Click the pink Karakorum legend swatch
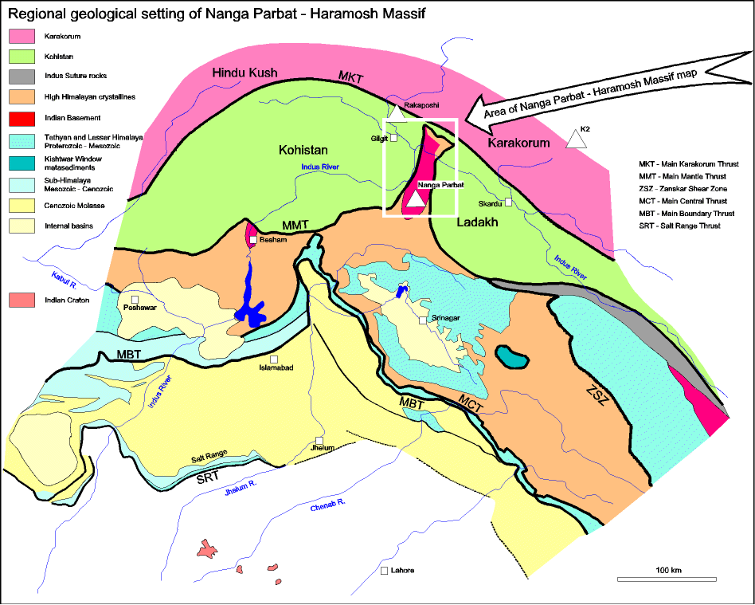(x=22, y=36)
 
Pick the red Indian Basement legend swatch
(x=22, y=118)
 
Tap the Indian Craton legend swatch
(x=22, y=300)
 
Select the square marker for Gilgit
(x=394, y=138)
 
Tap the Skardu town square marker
(x=507, y=202)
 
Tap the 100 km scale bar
(x=667, y=579)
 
